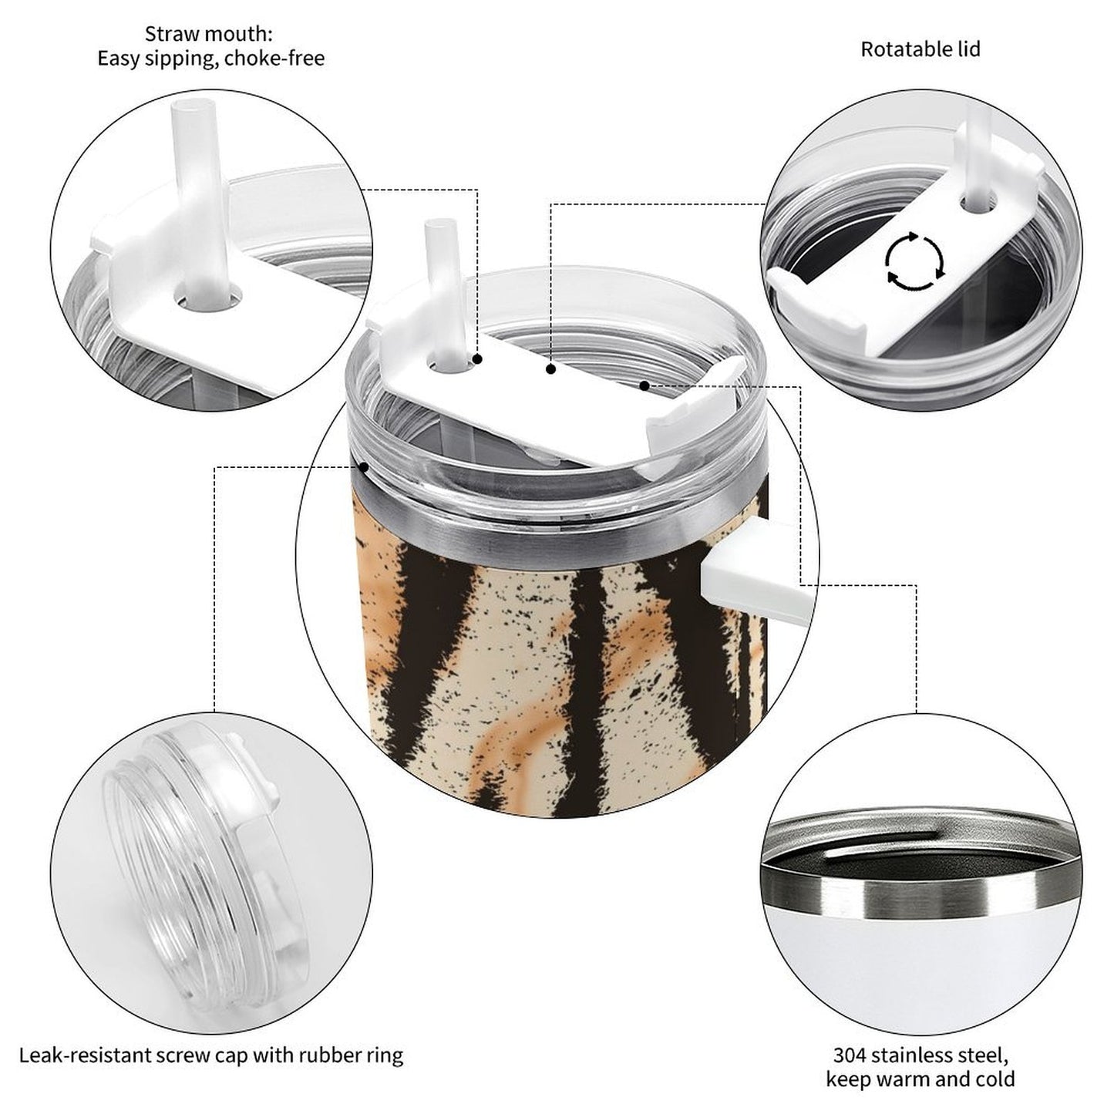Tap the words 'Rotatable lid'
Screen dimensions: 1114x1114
[920, 49]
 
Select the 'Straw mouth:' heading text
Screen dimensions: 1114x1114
[208, 34]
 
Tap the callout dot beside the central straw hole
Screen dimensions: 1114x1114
[477, 359]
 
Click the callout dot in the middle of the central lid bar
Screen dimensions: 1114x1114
[551, 369]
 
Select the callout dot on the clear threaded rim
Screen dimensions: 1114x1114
[364, 466]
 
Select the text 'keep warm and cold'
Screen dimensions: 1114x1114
[920, 1079]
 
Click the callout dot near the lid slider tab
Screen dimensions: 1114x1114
[645, 385]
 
